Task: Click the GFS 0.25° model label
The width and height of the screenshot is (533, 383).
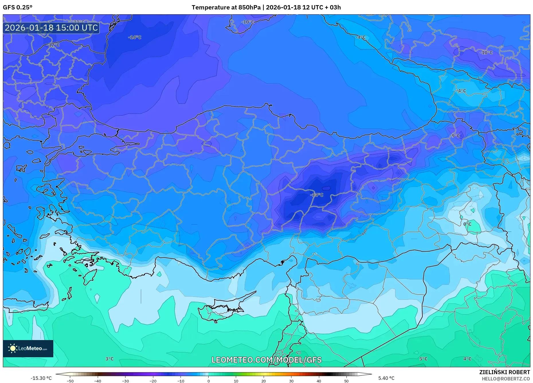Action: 17,7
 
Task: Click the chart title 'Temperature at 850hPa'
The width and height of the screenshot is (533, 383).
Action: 226,7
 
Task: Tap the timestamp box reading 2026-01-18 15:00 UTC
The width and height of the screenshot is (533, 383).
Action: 51,28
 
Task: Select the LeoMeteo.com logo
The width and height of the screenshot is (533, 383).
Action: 28,348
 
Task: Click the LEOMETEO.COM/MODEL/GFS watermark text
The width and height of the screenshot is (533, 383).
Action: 266,360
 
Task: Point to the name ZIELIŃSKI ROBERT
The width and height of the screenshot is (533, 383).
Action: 504,372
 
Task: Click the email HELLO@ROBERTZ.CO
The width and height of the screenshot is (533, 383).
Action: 506,379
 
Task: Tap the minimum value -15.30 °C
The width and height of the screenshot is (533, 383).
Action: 41,378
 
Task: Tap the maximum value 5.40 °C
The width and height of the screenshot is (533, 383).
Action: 386,378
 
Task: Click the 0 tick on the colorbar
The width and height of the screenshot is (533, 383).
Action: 208,381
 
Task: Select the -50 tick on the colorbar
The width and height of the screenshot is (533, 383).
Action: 70,381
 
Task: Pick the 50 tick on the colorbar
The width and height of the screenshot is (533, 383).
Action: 346,381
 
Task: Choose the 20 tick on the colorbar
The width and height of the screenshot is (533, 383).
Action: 263,381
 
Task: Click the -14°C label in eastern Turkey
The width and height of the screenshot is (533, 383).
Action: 317,195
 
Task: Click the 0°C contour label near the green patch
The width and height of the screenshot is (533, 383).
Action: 467,224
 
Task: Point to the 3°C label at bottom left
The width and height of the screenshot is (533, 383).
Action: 109,359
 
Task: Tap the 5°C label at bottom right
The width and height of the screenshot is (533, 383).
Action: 423,359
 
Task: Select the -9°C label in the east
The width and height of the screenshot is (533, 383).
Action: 455,136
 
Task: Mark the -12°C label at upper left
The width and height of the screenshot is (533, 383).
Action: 53,45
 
